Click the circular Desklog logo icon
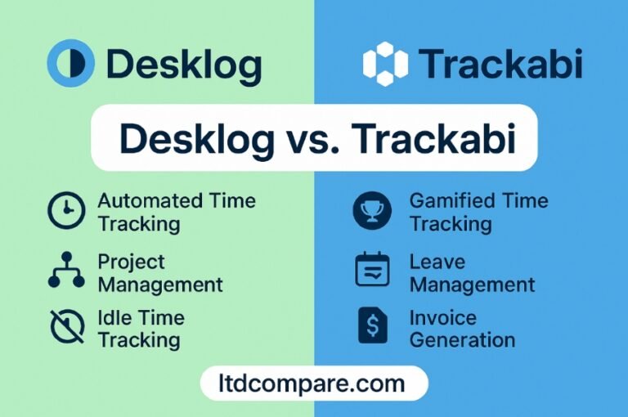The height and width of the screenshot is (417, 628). tap(71, 63)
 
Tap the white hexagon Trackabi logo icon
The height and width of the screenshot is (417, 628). tap(385, 64)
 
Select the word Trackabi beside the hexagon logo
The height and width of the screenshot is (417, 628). tap(500, 63)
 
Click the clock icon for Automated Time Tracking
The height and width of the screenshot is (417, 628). tap(66, 210)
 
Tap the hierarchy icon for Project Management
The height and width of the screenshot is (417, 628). tap(66, 270)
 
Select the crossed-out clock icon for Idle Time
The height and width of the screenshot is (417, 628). tap(67, 326)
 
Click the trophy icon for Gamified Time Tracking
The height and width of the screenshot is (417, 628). tap(372, 210)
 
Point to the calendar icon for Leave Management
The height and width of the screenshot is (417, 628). tap(373, 269)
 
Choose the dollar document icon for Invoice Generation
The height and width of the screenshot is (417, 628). tap(373, 325)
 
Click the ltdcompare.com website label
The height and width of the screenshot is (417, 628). tap(312, 383)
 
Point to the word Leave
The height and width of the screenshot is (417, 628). tap(437, 262)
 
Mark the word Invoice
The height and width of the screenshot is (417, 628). tap(443, 318)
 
